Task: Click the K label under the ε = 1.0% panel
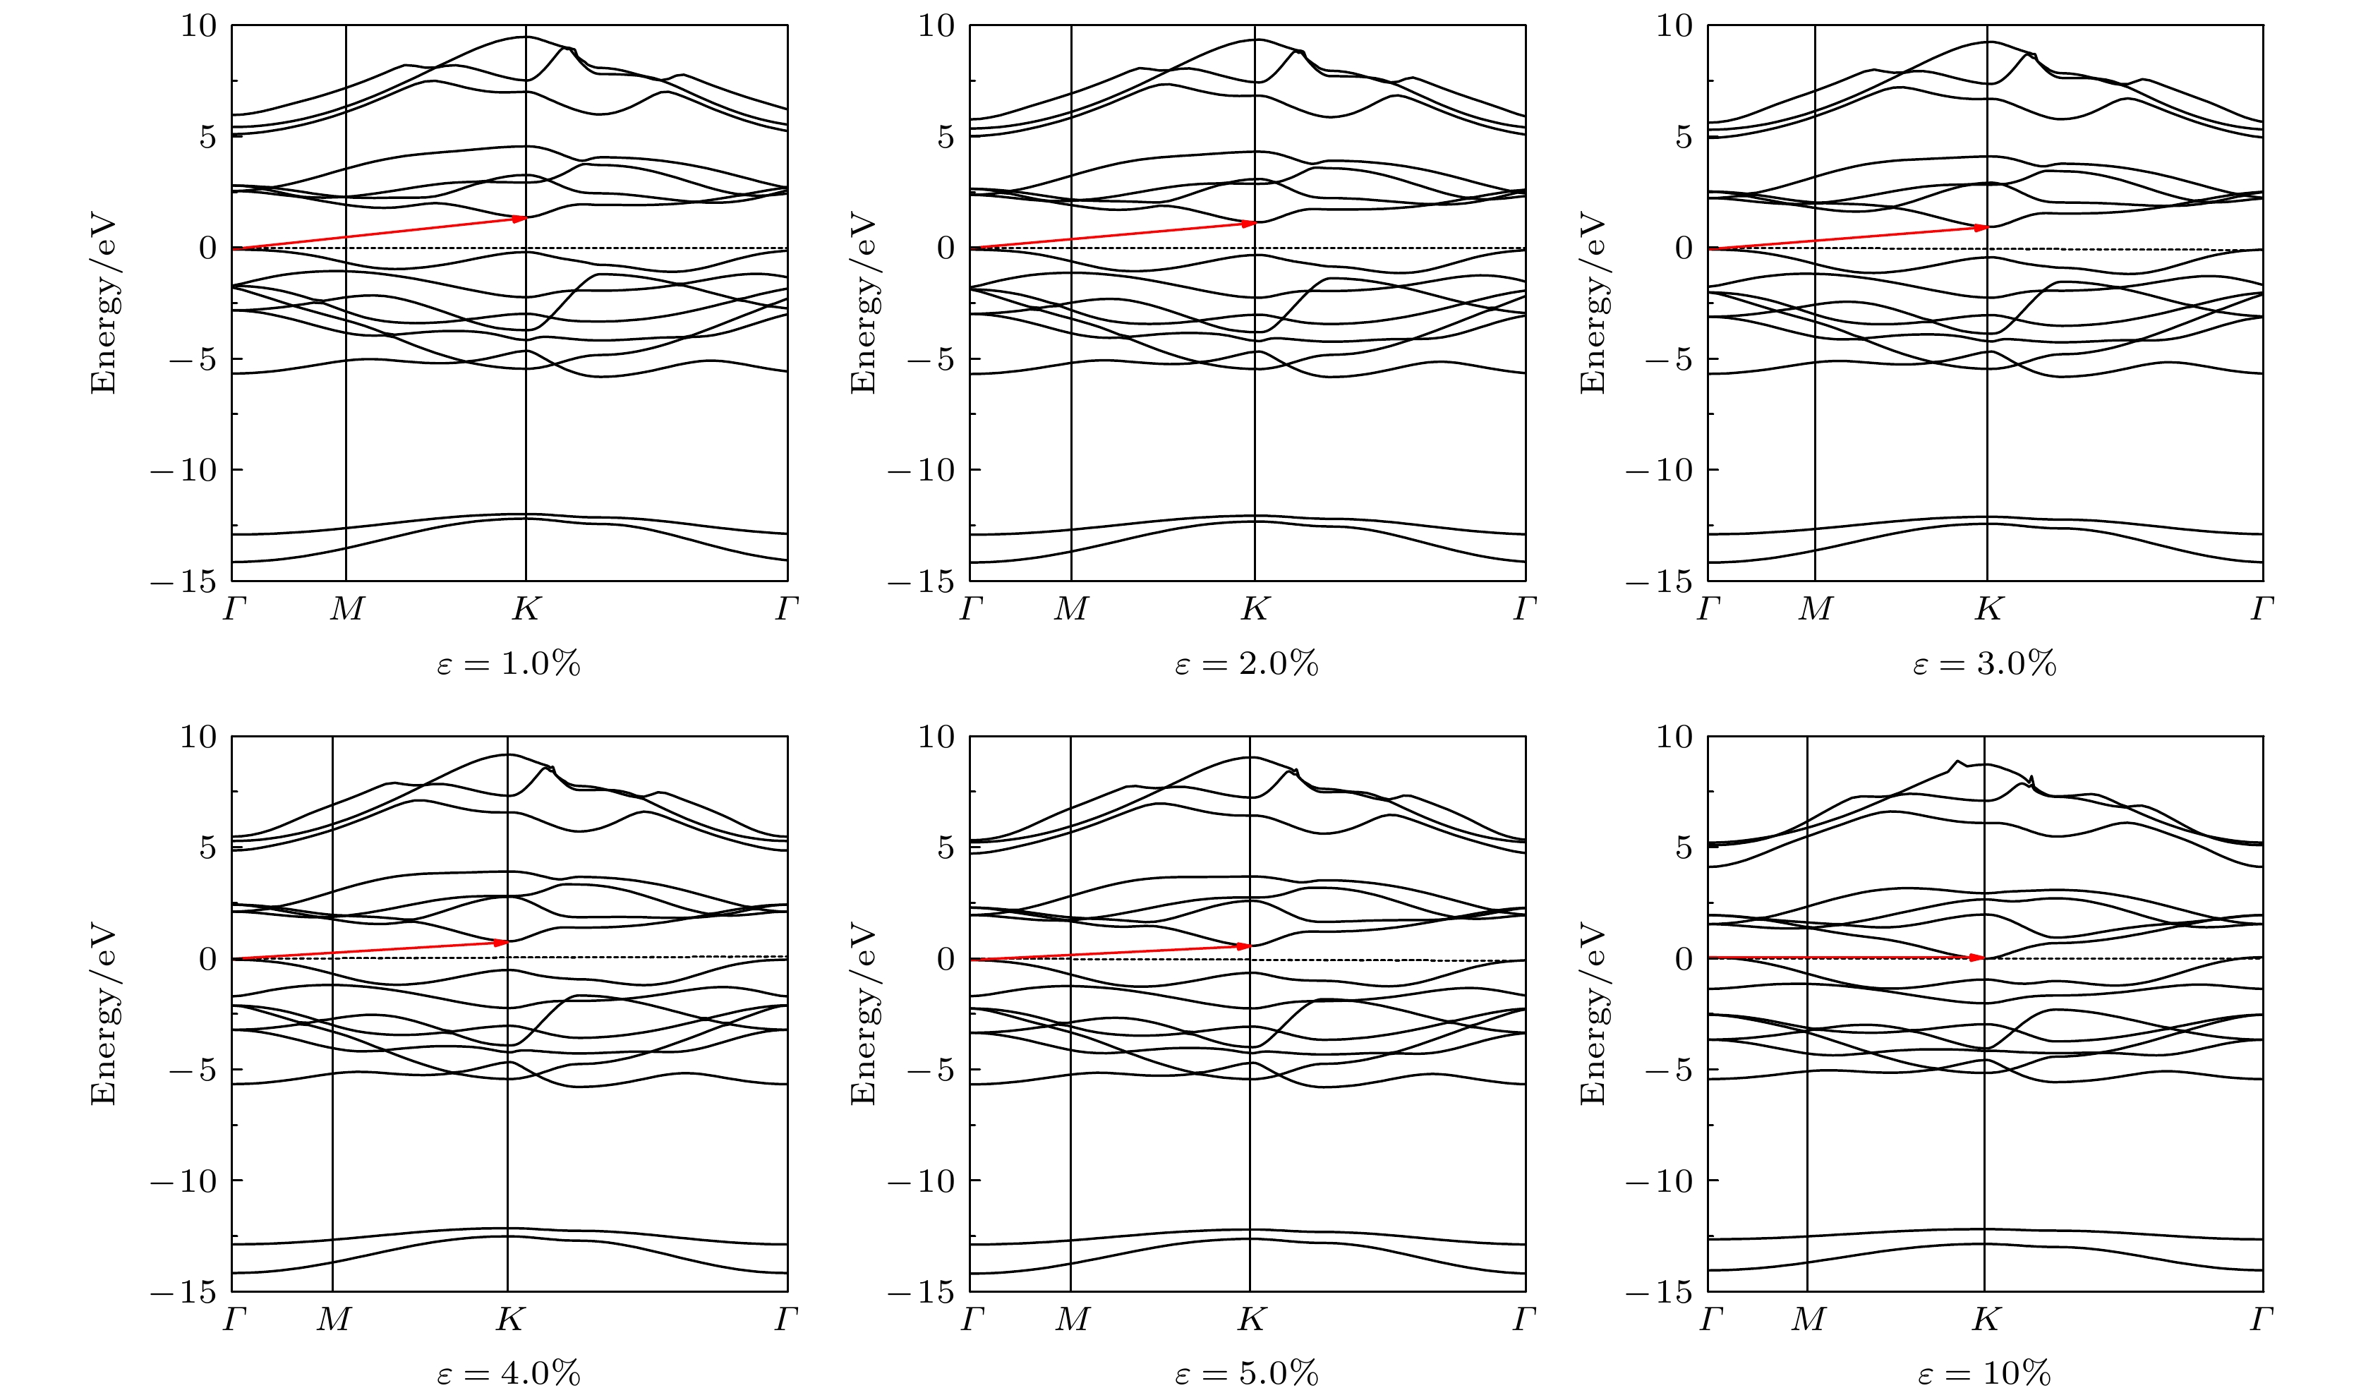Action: [526, 610]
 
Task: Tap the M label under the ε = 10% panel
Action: [1807, 1320]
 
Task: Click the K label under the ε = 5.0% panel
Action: [1251, 1320]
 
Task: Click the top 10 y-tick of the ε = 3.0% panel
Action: [1674, 25]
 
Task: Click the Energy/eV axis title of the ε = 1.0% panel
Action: [103, 303]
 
